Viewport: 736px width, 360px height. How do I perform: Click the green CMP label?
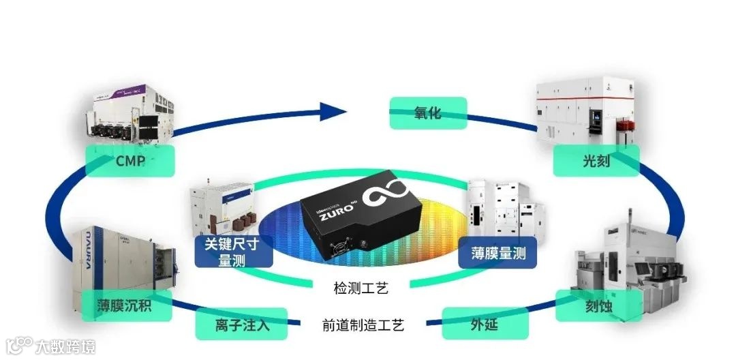coord(129,161)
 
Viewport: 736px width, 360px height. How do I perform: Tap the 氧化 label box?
coord(427,112)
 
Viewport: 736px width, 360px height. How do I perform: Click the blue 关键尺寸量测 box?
coord(234,251)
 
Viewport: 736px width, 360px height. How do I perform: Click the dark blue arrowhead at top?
coord(334,110)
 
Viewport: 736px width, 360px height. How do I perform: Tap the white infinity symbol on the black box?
coord(388,196)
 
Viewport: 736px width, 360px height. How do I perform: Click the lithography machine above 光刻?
coord(588,113)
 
